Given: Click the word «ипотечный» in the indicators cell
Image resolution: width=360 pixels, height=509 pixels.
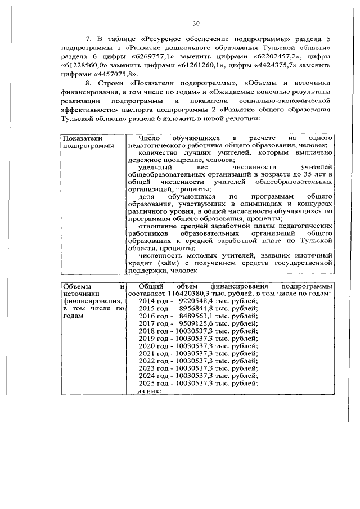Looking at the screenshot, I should click(313, 255).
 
